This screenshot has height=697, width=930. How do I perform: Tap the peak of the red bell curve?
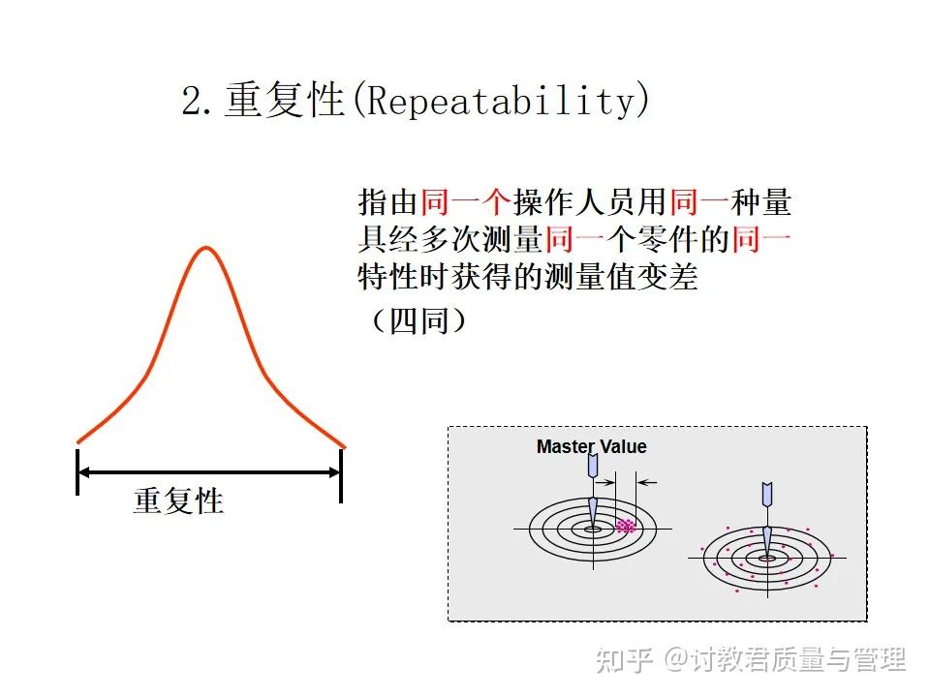pos(204,248)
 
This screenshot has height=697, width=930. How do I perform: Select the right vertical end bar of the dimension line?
pos(341,471)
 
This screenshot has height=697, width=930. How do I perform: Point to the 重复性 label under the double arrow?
pos(178,500)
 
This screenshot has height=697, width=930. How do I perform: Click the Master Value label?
pos(591,446)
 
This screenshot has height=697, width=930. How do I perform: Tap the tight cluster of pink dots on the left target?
pos(626,527)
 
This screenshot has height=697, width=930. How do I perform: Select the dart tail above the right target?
pos(766,494)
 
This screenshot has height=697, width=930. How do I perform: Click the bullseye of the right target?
pos(766,558)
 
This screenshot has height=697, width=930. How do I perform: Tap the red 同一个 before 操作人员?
pos(466,202)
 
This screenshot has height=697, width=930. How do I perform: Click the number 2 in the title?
pos(193,102)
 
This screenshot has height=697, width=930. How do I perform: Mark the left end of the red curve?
pos(78,441)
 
